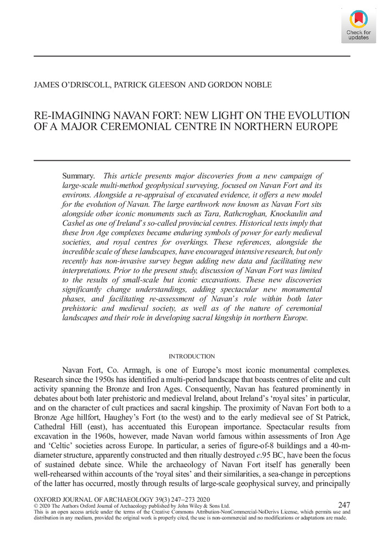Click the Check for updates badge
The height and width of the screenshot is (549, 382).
click(358, 25)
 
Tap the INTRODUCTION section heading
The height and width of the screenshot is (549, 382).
click(192, 356)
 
